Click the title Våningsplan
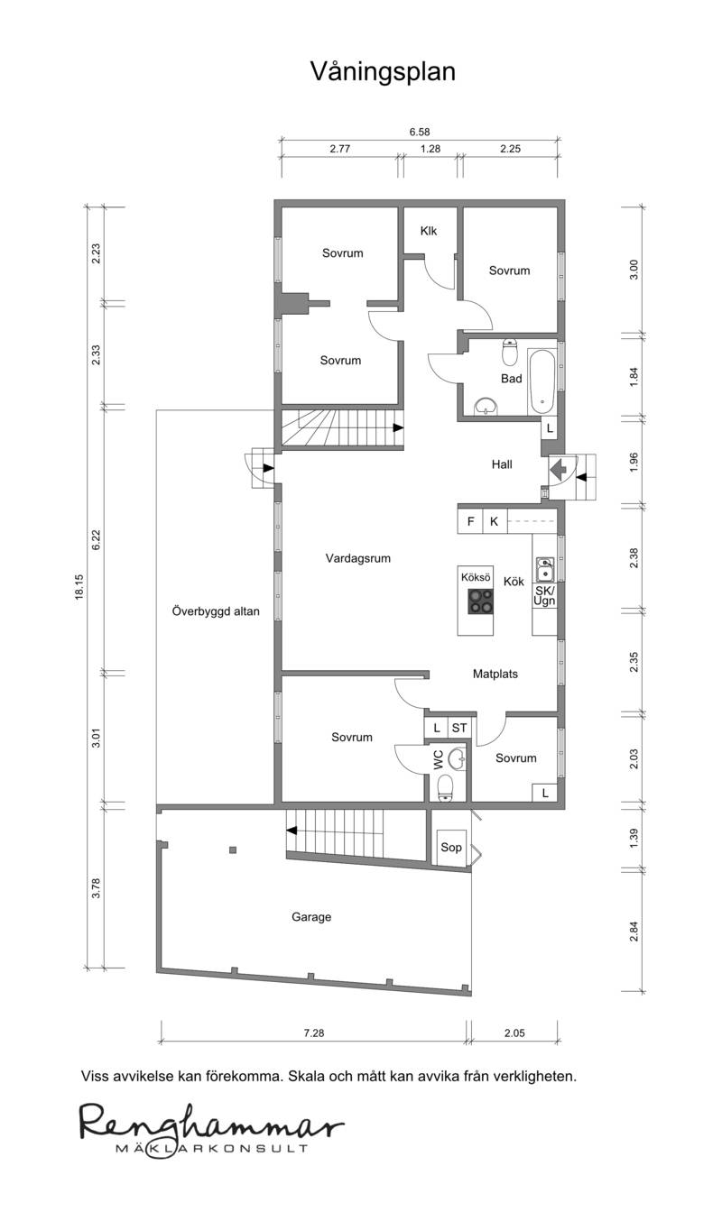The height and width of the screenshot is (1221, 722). (x=383, y=72)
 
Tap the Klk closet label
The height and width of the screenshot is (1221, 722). (x=429, y=231)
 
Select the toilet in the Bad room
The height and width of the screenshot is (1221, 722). (x=510, y=352)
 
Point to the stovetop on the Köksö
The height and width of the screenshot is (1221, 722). (x=480, y=601)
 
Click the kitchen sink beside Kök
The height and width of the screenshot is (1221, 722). (x=544, y=569)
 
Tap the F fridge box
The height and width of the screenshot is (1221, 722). (x=470, y=521)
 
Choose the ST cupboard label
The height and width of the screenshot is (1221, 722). (x=459, y=728)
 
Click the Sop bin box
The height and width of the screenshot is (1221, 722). (x=451, y=847)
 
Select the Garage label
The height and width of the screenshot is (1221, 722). (x=311, y=917)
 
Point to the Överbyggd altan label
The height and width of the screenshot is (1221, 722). (x=216, y=611)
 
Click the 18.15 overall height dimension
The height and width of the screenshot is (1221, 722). (x=79, y=587)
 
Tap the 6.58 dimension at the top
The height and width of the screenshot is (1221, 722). (x=420, y=132)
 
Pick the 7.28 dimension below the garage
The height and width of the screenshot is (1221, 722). (x=314, y=1033)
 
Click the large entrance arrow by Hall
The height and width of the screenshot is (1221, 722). (x=559, y=469)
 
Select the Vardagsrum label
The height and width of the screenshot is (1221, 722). (x=358, y=558)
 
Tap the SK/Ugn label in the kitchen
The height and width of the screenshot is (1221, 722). (x=544, y=596)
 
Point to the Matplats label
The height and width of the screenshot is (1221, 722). (x=495, y=674)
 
